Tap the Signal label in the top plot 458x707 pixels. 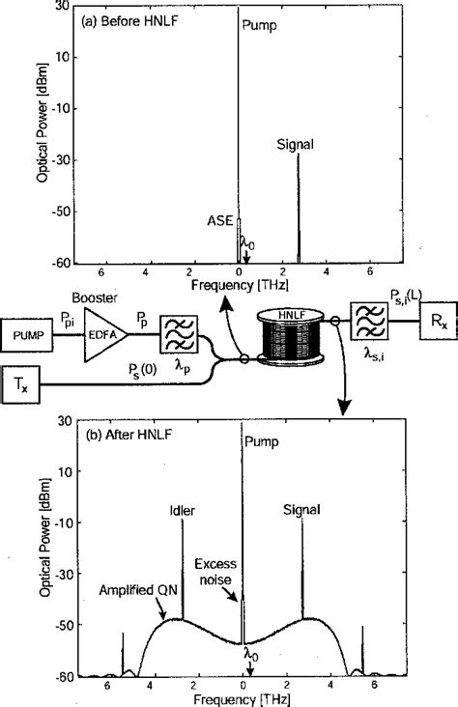point(297,146)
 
